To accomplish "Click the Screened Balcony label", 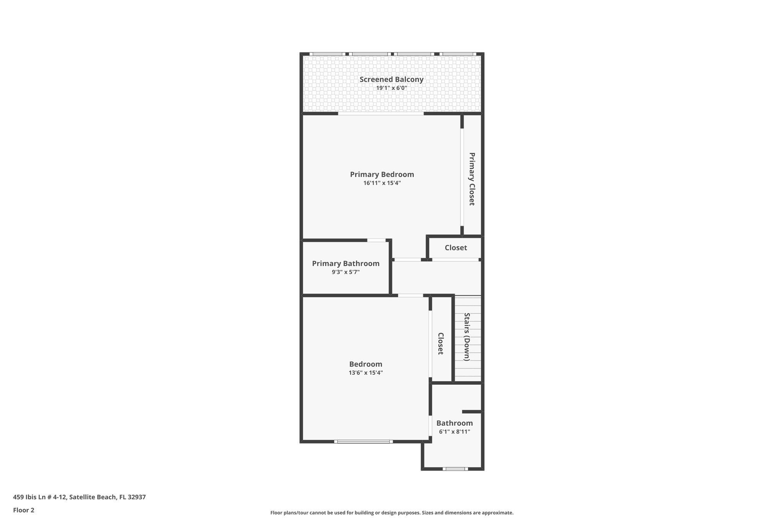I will pos(391,79).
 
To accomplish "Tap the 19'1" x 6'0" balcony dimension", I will pos(391,88).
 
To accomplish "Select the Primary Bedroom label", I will pos(382,174).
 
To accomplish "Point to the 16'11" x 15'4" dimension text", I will pos(382,183).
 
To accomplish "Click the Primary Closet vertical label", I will pos(472,179).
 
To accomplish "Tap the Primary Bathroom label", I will pos(345,263).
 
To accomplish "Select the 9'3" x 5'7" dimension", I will pos(345,272).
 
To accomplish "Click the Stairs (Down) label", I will pos(467,337).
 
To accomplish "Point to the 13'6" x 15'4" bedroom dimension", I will pos(366,373).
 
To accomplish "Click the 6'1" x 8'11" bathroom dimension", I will pos(454,432).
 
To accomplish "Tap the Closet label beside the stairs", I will pos(440,343).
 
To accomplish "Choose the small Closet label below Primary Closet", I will pos(456,248).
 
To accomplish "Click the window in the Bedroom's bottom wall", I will pos(363,442).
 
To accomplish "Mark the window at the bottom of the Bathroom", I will pos(455,469).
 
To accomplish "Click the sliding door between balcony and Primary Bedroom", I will pos(381,113).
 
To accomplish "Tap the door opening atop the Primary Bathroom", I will pos(376,240).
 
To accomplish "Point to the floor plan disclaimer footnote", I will pos(392,513).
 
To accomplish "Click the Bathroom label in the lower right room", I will pos(454,423).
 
